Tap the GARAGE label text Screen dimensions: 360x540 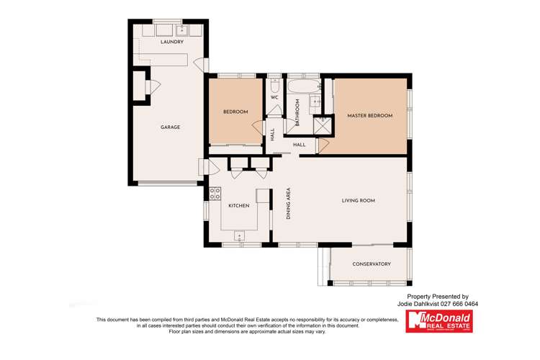click(x=170, y=127)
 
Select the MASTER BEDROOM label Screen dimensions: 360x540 click(x=370, y=115)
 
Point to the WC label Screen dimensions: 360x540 click(x=274, y=97)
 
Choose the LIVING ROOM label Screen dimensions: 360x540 click(x=358, y=201)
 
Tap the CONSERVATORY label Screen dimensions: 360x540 click(x=372, y=264)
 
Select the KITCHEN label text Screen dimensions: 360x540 click(x=239, y=206)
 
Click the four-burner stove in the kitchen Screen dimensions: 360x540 click(x=215, y=193)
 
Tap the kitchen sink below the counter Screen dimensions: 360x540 click(x=239, y=235)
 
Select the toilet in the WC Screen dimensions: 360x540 click(x=274, y=81)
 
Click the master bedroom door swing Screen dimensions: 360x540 click(x=323, y=145)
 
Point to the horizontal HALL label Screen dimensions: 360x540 click(x=299, y=145)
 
